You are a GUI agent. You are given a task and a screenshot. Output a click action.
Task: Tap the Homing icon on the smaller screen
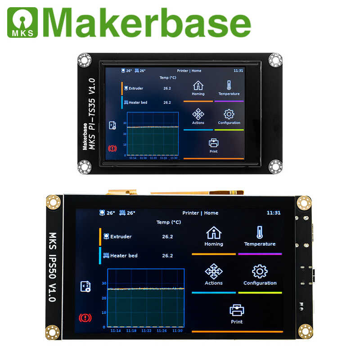[x=198, y=85]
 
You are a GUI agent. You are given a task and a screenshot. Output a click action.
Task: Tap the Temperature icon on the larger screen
[x=260, y=233]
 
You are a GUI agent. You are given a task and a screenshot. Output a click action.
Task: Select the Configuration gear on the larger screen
[x=260, y=271]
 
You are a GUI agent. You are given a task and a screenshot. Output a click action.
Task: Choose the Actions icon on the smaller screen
[x=198, y=114]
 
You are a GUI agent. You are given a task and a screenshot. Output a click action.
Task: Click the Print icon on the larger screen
[x=237, y=310]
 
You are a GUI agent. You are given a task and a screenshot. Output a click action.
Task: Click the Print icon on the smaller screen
[x=214, y=143]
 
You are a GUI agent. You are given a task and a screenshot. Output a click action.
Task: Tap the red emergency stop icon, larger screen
[x=85, y=318]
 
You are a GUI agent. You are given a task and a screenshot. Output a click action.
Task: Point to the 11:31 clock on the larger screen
[x=274, y=213]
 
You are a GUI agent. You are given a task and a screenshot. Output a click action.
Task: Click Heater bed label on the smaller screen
[x=137, y=103]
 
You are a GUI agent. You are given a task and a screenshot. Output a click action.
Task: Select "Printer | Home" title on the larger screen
[x=200, y=213]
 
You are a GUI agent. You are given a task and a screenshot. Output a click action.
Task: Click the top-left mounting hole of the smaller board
[x=84, y=59]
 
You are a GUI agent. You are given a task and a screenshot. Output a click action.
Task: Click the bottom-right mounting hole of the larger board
[x=306, y=332]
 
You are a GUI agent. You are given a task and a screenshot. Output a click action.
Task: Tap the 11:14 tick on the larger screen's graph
[x=115, y=331]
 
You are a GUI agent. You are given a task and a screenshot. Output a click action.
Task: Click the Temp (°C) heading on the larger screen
[x=169, y=222]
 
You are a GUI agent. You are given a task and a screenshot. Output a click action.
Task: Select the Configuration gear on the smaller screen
[x=229, y=114]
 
